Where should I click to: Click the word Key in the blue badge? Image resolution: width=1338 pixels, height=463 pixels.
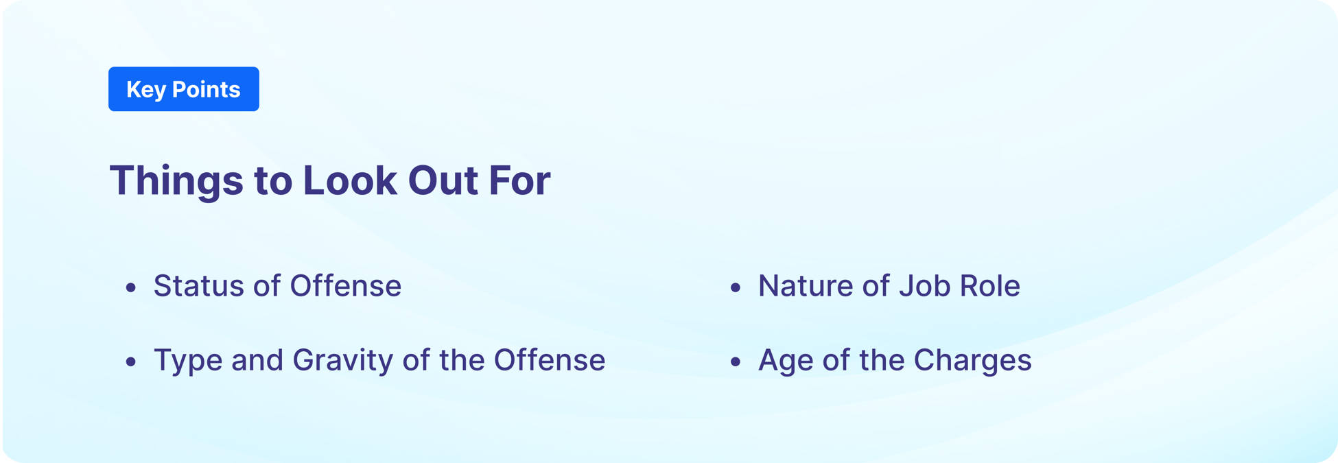(145, 90)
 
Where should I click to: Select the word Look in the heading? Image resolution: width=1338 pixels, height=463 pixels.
(350, 180)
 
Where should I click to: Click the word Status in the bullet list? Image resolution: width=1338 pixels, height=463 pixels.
(198, 286)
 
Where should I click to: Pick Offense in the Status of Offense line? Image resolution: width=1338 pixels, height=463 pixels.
(345, 285)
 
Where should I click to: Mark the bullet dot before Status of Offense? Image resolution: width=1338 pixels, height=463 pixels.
(131, 287)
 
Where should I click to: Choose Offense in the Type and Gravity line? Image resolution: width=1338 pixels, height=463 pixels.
(549, 360)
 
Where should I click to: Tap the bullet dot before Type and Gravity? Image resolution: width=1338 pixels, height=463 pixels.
(131, 361)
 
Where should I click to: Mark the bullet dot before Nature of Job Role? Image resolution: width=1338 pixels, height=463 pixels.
(736, 287)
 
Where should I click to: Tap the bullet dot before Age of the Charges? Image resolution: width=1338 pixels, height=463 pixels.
(736, 361)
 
